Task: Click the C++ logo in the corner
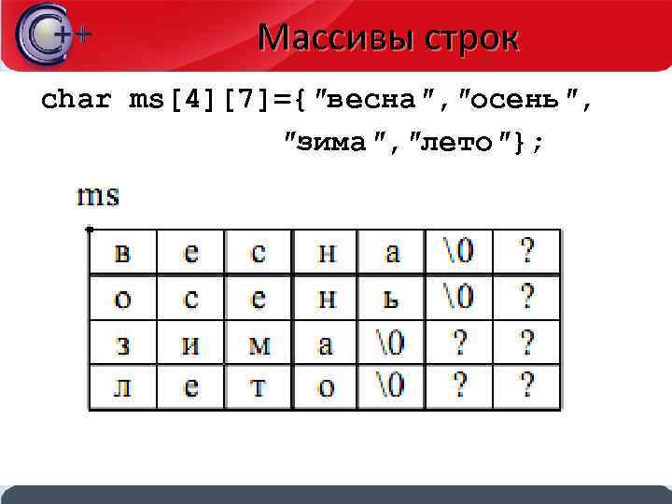[x=51, y=35]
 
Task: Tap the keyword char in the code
[x=77, y=100]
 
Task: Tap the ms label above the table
[x=98, y=196]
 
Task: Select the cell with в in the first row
[x=122, y=252]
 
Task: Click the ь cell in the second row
[x=392, y=298]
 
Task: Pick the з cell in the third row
[x=122, y=343]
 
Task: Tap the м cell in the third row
[x=259, y=343]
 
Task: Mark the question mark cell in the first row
[x=527, y=252]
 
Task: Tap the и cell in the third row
[x=190, y=343]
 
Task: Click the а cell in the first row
[x=392, y=252]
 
